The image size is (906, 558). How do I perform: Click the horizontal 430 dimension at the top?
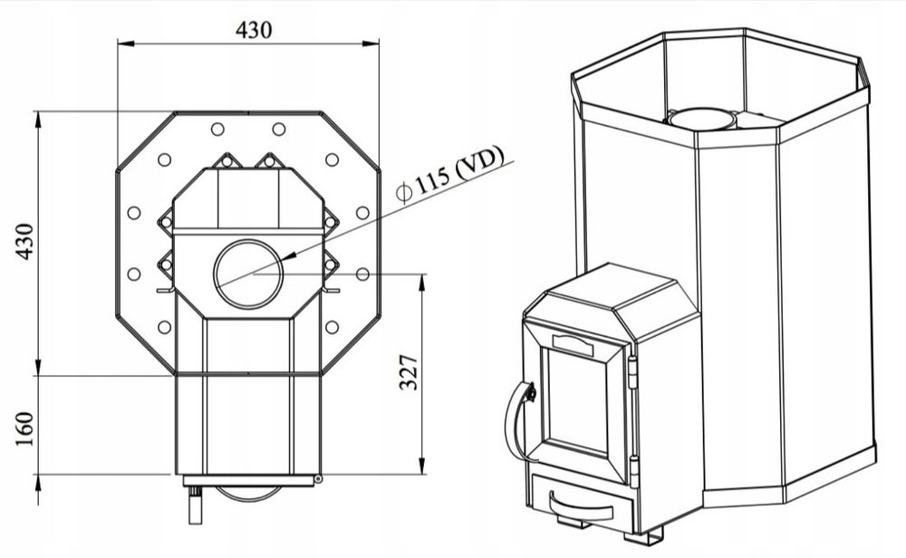pos(253,30)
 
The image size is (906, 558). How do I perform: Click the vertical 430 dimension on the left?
pos(24,241)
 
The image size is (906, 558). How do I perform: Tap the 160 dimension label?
pos(24,428)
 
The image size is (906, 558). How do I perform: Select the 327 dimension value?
pos(409,372)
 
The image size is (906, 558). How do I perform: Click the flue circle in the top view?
pos(248,274)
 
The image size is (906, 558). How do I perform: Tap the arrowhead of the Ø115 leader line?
pos(289,255)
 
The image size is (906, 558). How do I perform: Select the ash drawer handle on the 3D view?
pos(580,508)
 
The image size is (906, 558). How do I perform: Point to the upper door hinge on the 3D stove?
pos(632,372)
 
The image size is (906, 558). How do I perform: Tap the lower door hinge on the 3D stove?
pos(634,472)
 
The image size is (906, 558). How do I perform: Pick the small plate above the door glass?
pos(573,345)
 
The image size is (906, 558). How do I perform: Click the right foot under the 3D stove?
pos(643,538)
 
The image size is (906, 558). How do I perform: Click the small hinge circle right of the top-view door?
pos(318,479)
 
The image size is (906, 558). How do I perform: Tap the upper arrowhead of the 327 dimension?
pos(422,282)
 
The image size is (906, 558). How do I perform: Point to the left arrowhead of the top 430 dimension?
pos(125,43)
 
